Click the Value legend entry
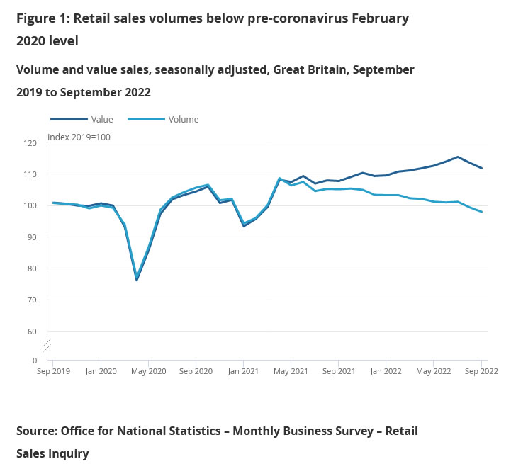(x=101, y=120)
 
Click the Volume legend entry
(x=183, y=120)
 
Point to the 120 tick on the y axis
(x=30, y=143)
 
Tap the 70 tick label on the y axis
(x=32, y=300)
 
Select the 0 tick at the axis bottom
(x=33, y=361)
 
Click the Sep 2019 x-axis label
(x=53, y=370)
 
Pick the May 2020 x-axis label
(x=148, y=370)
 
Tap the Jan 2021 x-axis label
(x=244, y=370)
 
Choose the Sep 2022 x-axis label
(x=481, y=370)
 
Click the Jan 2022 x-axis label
(x=386, y=370)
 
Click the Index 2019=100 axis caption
(x=79, y=137)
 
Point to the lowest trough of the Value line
(x=137, y=280)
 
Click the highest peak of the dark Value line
(x=458, y=157)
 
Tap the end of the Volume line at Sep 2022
(x=482, y=212)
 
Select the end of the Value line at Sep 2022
(x=482, y=169)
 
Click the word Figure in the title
(x=36, y=18)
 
